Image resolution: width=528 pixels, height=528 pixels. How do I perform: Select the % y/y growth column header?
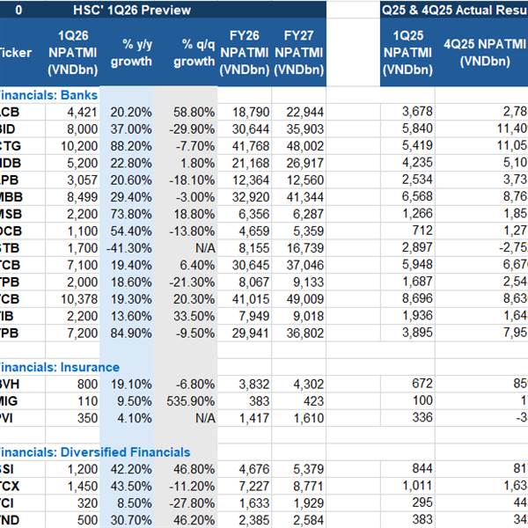click(131, 53)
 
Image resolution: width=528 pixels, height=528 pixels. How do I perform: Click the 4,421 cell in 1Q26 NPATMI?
click(83, 112)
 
